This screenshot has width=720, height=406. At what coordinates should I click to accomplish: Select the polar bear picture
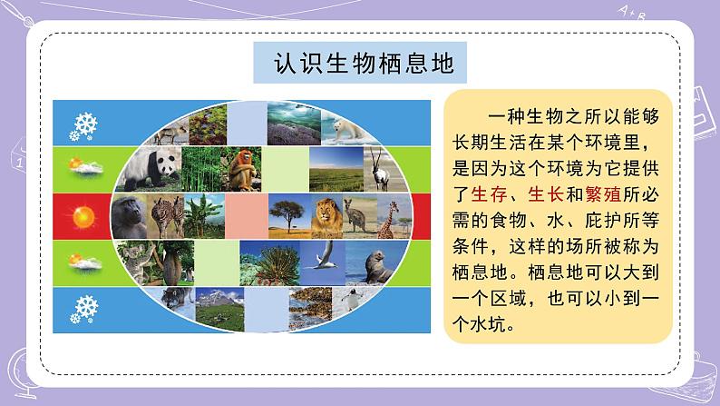349,132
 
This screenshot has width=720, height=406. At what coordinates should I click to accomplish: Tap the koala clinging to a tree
131,260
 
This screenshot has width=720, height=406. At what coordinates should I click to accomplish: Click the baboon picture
130,215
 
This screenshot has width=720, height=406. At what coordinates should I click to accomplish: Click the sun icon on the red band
84,216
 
